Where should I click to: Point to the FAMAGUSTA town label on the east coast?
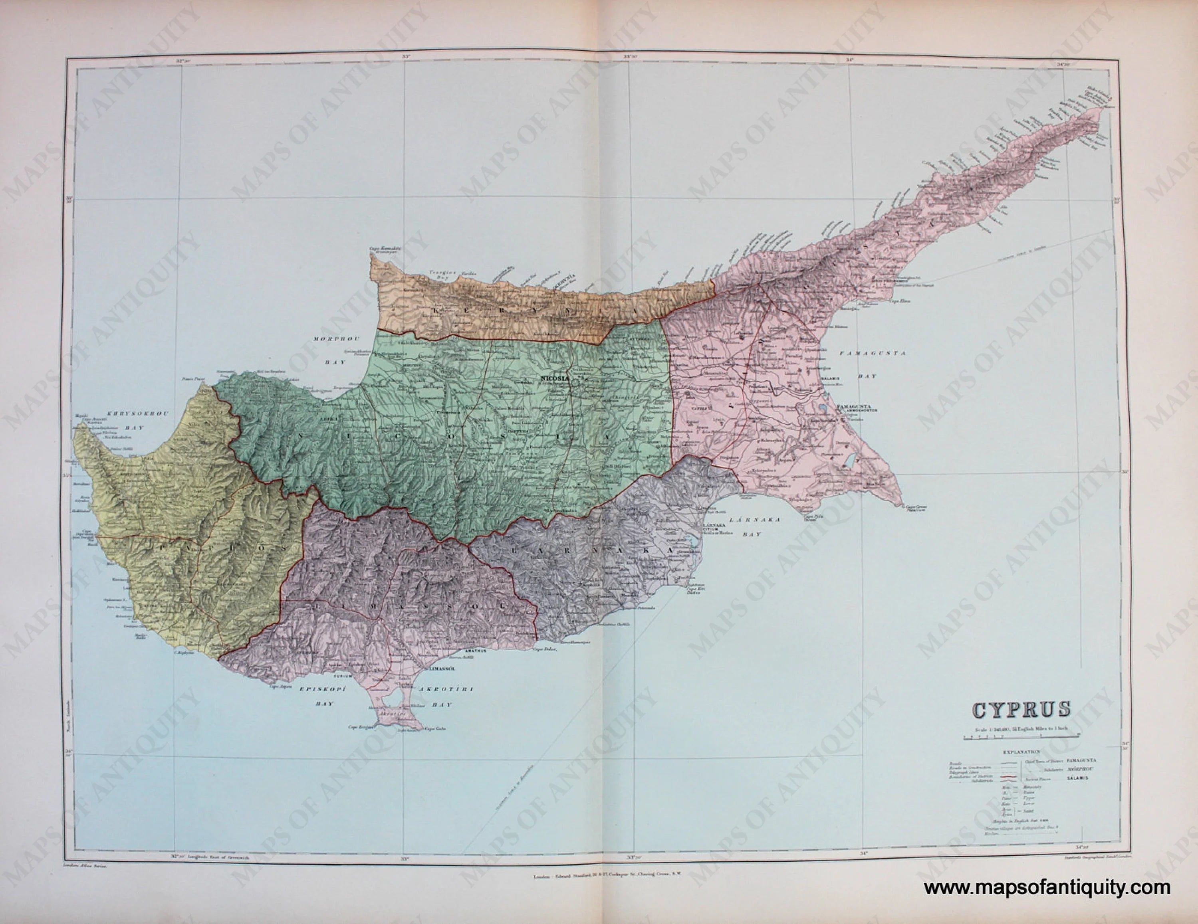853,406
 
